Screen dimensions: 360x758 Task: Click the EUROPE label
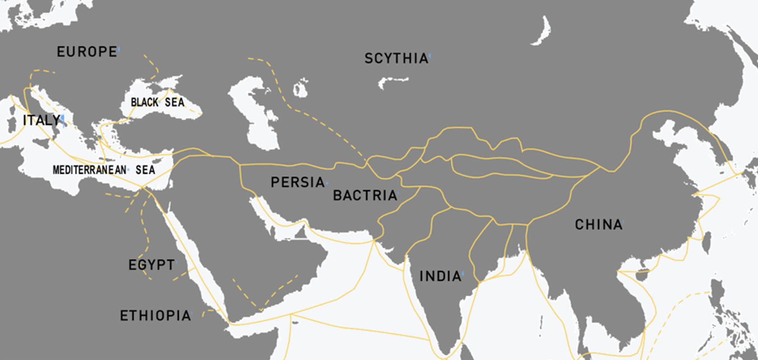click(87, 52)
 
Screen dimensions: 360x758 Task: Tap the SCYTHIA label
click(396, 58)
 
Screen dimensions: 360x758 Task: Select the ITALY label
click(41, 121)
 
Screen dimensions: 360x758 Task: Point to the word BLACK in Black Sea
click(144, 102)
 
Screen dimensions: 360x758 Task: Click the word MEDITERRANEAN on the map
click(89, 170)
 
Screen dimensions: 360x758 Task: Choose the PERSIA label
click(298, 182)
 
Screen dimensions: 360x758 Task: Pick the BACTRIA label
click(365, 196)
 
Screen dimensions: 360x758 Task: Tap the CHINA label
click(598, 225)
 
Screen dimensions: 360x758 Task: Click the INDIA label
click(440, 276)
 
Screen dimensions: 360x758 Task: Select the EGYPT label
click(152, 265)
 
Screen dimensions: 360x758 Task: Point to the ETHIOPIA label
click(155, 316)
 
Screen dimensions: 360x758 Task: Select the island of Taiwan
click(707, 243)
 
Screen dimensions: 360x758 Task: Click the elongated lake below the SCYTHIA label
click(392, 81)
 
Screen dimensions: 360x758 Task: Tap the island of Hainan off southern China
click(642, 275)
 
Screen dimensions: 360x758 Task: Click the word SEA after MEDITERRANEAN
click(145, 170)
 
